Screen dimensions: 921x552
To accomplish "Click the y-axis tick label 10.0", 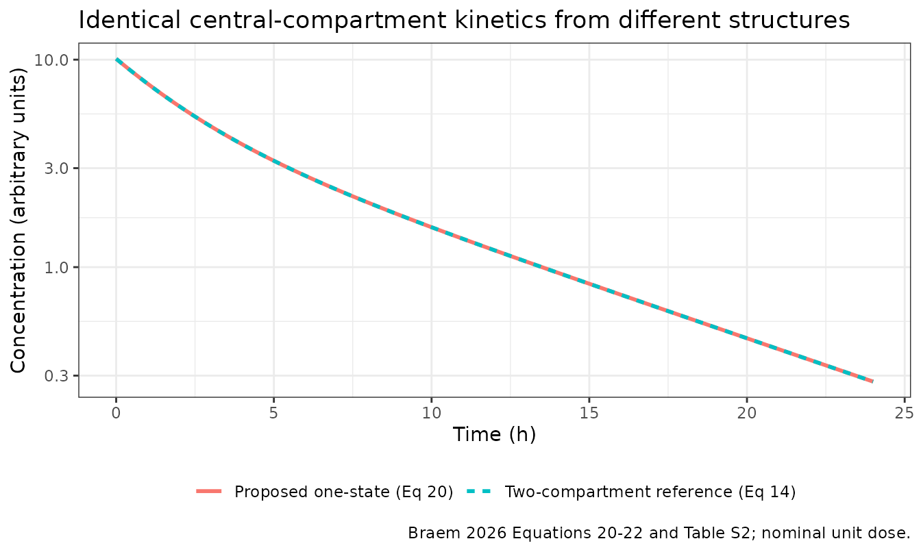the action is (51, 60).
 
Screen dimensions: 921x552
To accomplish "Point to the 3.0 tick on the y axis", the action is (56, 168).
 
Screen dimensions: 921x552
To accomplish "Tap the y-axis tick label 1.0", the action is (56, 268).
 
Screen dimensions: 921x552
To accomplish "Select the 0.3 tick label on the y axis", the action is (56, 376).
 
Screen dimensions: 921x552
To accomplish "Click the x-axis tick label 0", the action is (116, 413).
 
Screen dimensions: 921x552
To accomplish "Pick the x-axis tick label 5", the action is (274, 413).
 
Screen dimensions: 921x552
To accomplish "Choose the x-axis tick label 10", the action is (432, 413).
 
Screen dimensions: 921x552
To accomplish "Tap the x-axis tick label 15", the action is (589, 413).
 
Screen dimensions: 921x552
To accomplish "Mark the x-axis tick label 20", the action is (747, 413).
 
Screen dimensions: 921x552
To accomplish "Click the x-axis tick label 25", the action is (905, 413).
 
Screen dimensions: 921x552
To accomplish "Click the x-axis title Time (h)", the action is (495, 435).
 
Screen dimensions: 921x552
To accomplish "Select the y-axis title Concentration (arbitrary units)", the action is (19, 221).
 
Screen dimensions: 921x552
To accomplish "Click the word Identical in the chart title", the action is (130, 20).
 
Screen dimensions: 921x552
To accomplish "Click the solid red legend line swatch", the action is (209, 491).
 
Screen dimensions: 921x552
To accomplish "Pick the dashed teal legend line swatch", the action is (480, 491).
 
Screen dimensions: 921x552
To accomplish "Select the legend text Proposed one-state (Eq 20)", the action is (344, 492).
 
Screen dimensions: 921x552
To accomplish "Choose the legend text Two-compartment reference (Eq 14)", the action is (650, 492).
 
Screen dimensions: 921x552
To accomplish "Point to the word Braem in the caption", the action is (428, 533).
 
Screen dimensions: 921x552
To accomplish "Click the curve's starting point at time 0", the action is (116, 60).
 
